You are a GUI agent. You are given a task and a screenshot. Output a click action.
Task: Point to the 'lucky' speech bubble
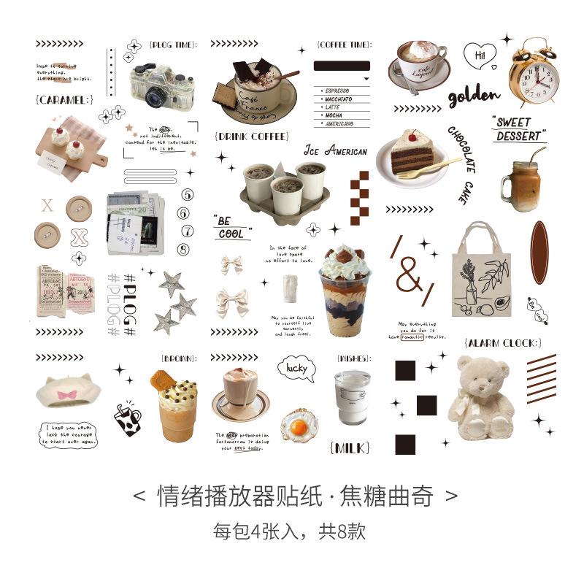296,369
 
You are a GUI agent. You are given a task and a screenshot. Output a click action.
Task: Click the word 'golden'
474,96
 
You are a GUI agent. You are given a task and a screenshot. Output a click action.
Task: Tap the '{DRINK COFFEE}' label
252,137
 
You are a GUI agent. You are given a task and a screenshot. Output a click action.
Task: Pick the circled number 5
185,194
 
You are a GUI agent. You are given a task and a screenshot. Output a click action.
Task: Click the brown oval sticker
539,253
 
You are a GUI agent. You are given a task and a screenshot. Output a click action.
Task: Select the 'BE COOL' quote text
231,227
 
